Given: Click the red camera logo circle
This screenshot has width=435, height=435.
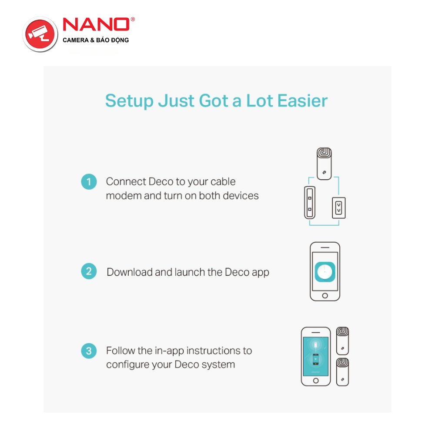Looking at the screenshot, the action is click(40, 34).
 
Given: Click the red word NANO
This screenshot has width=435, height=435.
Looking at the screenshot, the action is click(96, 24).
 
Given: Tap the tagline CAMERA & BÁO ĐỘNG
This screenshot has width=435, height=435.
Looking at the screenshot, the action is click(96, 40).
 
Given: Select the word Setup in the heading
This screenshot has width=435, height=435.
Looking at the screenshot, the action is click(129, 101).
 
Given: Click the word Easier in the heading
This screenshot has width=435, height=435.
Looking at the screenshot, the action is click(302, 100).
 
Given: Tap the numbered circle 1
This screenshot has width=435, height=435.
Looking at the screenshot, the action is click(89, 182).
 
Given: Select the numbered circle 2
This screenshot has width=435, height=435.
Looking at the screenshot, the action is click(89, 271).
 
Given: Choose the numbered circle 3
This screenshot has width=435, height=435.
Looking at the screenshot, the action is click(89, 351).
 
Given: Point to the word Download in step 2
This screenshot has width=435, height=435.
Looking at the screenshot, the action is click(130, 272).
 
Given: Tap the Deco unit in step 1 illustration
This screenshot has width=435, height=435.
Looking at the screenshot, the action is click(325, 164).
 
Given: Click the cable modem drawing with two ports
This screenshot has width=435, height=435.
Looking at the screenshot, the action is click(310, 203).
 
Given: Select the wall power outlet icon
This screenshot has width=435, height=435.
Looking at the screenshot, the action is click(339, 207).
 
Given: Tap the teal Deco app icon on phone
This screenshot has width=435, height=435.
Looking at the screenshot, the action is click(325, 272).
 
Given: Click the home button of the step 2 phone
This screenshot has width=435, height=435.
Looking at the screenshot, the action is click(325, 296).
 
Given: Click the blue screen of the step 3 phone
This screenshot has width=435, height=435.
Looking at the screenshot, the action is click(316, 356).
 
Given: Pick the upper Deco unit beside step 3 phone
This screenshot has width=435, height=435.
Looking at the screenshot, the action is click(343, 341).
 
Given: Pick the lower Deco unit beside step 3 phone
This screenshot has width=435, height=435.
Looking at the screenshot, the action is click(343, 372).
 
